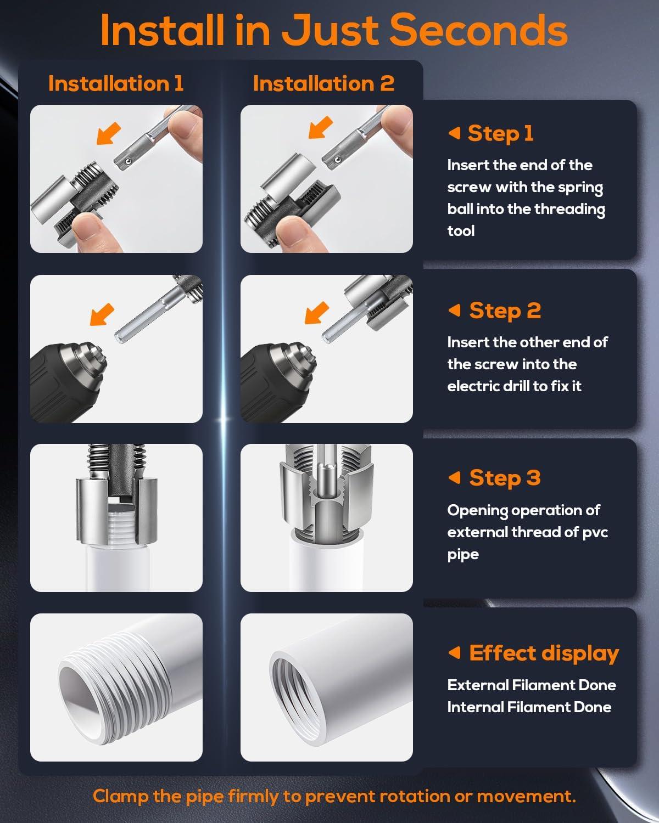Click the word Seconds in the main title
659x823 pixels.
478,30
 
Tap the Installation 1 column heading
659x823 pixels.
116,83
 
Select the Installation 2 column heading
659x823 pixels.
323,83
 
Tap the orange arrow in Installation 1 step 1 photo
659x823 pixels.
108,134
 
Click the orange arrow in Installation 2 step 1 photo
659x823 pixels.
321,127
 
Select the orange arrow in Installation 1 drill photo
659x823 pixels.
102,314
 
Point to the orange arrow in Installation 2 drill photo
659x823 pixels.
316,312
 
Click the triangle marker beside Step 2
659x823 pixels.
455,310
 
